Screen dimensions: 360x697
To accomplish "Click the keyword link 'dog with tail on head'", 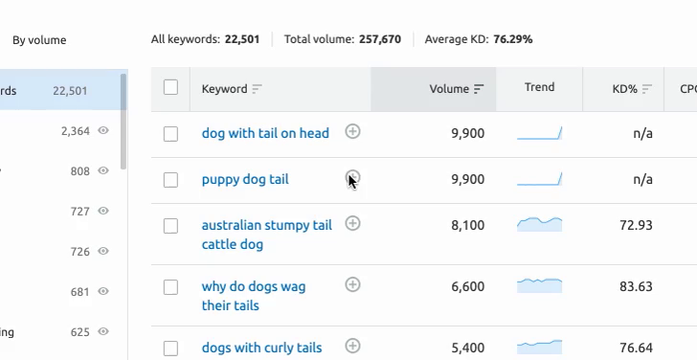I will click(x=265, y=133).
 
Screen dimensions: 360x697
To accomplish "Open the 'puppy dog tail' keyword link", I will click(x=245, y=179).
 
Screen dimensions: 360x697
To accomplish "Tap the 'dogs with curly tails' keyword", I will click(x=261, y=348).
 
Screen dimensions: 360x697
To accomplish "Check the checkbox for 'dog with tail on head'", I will click(x=170, y=134).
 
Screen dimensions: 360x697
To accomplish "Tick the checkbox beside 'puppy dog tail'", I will click(x=170, y=180).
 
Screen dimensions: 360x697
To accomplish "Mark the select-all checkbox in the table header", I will click(x=170, y=88).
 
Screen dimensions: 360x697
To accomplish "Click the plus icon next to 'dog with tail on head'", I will click(x=352, y=131).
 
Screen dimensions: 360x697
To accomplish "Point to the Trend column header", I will click(x=539, y=87).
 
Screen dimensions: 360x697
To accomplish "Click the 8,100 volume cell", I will click(x=467, y=226).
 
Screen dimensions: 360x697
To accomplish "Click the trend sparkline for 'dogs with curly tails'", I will click(x=539, y=346).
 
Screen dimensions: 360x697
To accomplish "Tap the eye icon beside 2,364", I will click(x=103, y=131).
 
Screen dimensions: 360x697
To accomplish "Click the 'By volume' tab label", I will click(x=39, y=40).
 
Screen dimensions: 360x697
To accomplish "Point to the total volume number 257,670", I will click(x=380, y=39).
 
